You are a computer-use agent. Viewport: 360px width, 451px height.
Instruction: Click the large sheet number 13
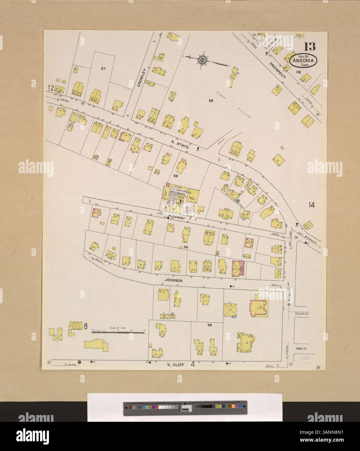(x=310, y=47)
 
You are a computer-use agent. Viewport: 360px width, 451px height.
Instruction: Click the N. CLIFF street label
(x=175, y=364)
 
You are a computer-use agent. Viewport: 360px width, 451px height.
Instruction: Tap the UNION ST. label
(x=301, y=349)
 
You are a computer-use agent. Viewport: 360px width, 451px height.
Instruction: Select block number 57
(x=103, y=68)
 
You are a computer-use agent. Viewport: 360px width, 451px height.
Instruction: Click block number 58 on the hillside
(x=211, y=101)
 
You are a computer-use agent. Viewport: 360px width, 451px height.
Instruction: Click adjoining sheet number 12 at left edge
(x=50, y=88)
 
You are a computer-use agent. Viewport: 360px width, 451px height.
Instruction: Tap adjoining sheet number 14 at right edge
(x=312, y=205)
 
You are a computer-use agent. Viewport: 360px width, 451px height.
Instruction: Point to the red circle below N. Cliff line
(x=79, y=361)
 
